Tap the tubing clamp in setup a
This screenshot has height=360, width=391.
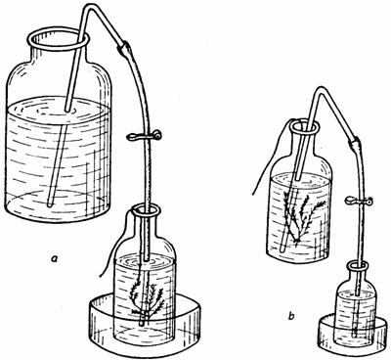point(144,136)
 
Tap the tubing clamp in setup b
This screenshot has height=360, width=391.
point(359,201)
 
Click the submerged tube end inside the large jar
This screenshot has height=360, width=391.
point(50,204)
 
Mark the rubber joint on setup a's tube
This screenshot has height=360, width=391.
point(125,48)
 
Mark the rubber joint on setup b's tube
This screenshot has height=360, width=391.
point(354,144)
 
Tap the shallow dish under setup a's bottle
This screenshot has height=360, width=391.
point(144,324)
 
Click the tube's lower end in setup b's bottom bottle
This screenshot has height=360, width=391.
point(356,336)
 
